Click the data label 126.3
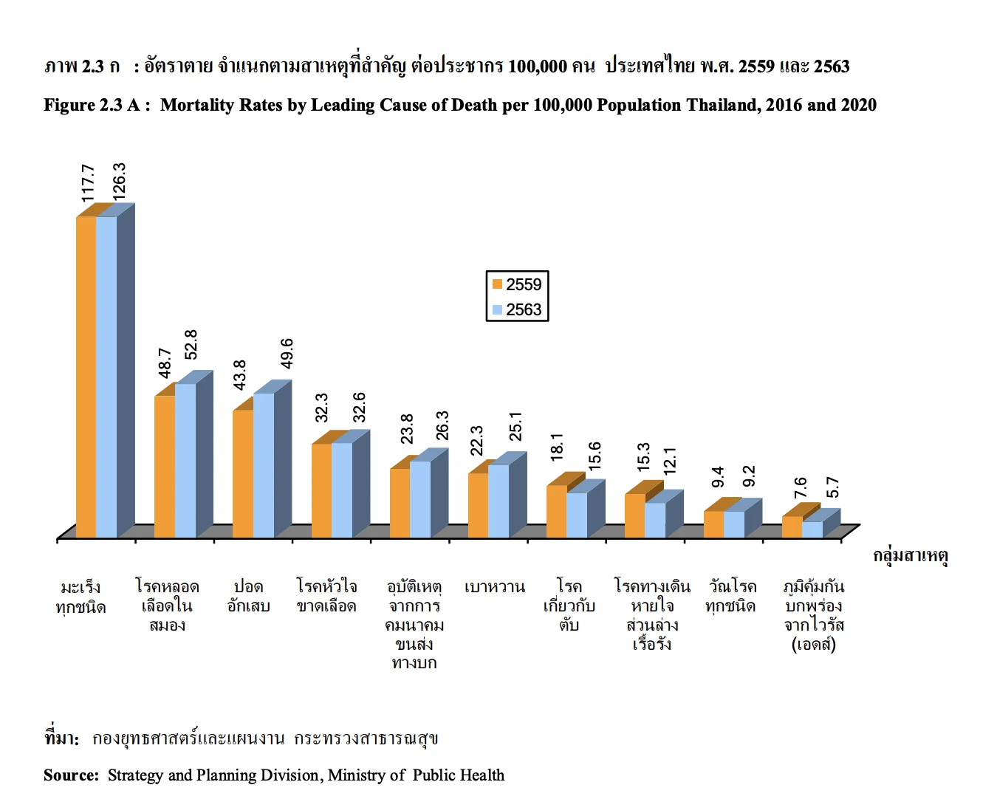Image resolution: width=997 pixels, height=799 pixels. tap(119, 181)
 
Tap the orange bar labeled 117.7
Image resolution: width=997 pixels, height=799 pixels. tap(86, 377)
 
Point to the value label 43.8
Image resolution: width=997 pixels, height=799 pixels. tap(240, 375)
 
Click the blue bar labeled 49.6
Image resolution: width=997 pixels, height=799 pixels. tap(264, 465)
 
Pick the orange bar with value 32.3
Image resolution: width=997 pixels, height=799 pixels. tap(321, 490)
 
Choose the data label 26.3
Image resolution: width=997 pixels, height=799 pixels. tap(442, 425)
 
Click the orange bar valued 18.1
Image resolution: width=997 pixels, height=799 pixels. tap(556, 511)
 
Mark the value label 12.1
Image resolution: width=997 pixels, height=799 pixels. tap(670, 462)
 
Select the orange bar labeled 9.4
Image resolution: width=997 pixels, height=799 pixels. tap(713, 524)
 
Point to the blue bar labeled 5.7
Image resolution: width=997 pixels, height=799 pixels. tap(812, 529)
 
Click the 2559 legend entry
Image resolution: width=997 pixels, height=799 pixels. tap(517, 284)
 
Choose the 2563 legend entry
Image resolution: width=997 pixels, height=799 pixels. tap(517, 309)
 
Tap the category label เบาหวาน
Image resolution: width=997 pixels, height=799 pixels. tap(494, 587)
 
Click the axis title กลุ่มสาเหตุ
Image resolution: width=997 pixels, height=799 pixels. tap(910, 555)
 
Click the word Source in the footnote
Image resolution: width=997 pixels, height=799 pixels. tap(71, 775)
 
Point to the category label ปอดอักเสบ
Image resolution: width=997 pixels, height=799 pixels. tap(248, 596)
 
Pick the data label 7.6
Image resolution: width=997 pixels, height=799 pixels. tap(801, 487)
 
